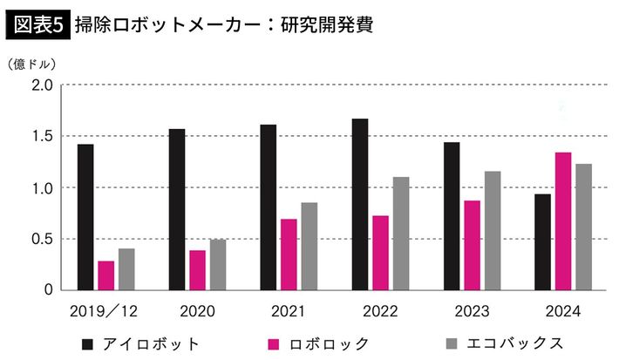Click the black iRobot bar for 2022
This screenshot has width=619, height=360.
coord(360,204)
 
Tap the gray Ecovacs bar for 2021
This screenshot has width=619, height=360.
coord(309,246)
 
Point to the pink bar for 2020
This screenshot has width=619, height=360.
coord(198,270)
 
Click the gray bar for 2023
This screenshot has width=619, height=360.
coord(493,230)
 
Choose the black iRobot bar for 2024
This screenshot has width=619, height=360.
coord(542,241)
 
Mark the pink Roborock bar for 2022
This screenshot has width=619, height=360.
coord(380,253)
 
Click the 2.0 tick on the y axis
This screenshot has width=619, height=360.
coord(42,85)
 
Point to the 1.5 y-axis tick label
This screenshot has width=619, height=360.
coord(42,137)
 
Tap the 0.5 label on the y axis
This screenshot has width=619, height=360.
coord(42,240)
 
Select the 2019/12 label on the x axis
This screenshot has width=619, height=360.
coord(105,311)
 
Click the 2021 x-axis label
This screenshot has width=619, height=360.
coord(288,311)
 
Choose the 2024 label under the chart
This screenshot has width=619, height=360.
coord(563,311)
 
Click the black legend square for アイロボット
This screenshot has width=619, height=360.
coord(87,343)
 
